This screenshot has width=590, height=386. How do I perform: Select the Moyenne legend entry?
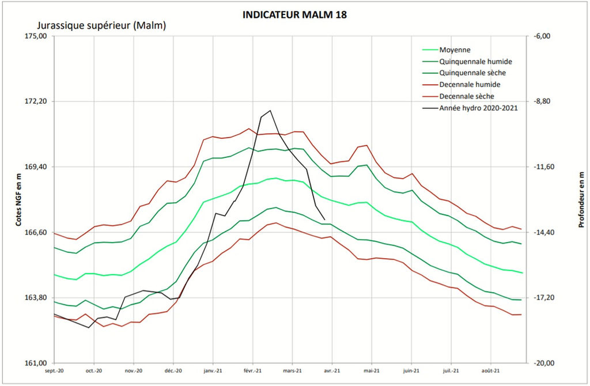pos(455,50)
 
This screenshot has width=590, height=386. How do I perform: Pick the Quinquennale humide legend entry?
pos(475,62)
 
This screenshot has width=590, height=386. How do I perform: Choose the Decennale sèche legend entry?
pos(466,96)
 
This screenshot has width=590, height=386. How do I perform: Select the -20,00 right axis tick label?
pos(544,363)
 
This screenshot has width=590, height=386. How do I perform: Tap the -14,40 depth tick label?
pos(544,232)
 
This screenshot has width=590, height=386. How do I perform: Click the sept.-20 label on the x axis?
pos(54,371)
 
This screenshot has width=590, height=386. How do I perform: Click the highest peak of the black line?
pos(270,110)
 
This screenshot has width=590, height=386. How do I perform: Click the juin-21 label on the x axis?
pos(410,371)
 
